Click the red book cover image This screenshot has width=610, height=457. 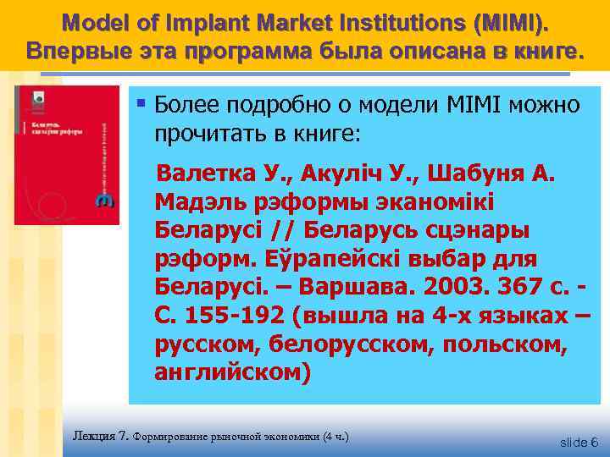(67, 155)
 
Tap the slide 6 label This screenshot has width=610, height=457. (579, 442)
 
